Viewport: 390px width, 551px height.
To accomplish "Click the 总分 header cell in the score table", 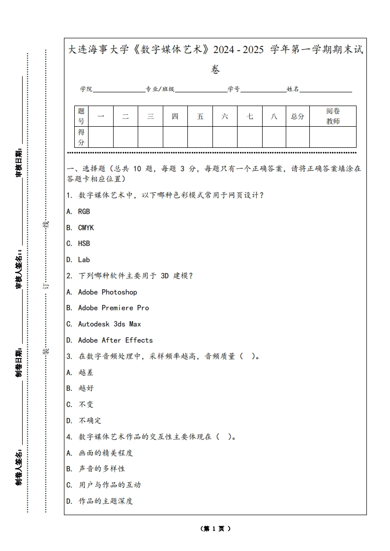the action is [298, 116].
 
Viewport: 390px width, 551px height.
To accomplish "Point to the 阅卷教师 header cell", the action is [333, 116].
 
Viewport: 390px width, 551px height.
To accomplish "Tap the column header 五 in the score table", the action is [200, 116].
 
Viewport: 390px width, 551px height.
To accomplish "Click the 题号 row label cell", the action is [82, 116].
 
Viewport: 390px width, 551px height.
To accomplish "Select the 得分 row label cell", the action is [82, 138].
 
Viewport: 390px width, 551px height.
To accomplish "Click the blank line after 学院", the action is [119, 90].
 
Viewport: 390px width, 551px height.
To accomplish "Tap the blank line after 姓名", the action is [326, 90].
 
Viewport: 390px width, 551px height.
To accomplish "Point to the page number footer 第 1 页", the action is [215, 529].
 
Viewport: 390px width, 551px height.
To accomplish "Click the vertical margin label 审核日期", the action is [19, 162].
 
